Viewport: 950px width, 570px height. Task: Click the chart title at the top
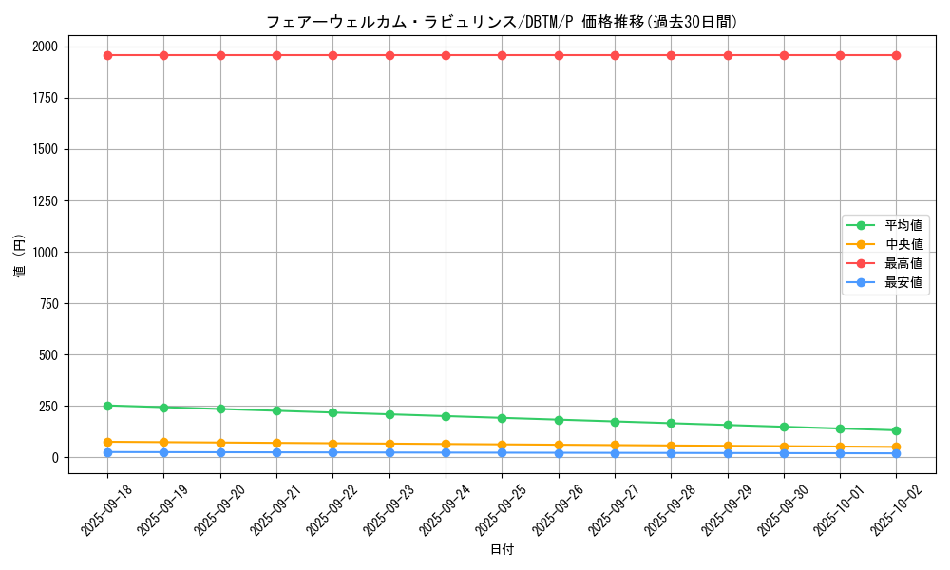[502, 22]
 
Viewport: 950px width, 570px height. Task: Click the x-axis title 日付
[502, 550]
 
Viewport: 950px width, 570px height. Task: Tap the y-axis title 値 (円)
[19, 256]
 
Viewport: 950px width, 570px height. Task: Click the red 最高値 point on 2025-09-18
[107, 55]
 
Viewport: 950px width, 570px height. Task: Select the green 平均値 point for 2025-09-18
[107, 406]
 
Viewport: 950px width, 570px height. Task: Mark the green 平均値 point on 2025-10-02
[896, 430]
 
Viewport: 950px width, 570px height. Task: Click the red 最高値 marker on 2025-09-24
[446, 55]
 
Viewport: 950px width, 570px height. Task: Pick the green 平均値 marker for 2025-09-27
[615, 422]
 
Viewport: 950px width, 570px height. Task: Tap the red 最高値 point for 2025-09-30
[784, 55]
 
